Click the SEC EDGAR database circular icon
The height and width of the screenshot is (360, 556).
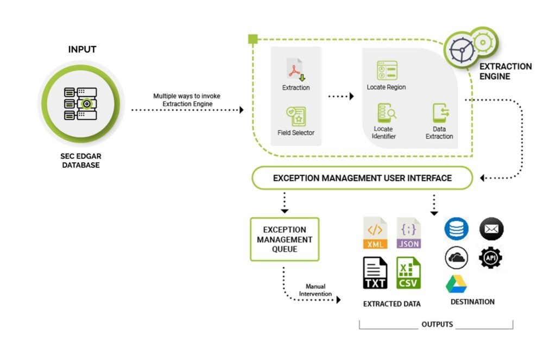click(x=81, y=103)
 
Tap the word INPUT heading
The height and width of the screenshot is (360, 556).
click(x=82, y=49)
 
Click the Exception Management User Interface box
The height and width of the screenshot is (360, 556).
click(x=362, y=178)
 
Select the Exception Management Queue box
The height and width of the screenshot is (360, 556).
click(x=285, y=239)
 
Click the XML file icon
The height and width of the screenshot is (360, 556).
click(x=375, y=233)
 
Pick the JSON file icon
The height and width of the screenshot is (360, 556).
click(x=408, y=233)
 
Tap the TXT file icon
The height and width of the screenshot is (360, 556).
click(x=375, y=273)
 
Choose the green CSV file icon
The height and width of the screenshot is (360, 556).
click(x=408, y=273)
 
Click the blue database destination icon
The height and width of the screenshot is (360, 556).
click(x=456, y=229)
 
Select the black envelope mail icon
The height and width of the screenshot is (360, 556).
click(x=491, y=229)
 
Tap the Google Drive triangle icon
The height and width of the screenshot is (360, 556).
click(x=456, y=284)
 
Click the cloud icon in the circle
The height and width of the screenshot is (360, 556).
click(x=457, y=257)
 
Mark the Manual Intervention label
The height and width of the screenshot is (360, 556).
click(x=315, y=290)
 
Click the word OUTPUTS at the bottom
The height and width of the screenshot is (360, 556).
click(x=437, y=325)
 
